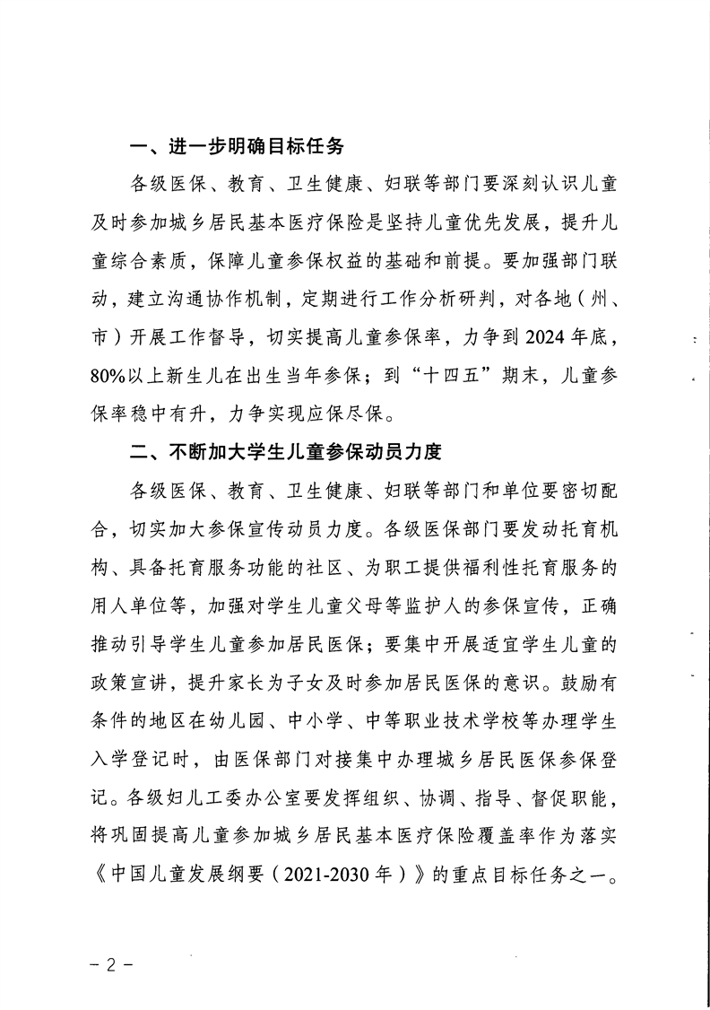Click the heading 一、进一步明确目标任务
pyautogui.click(x=237, y=147)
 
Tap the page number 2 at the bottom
pyautogui.click(x=112, y=968)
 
